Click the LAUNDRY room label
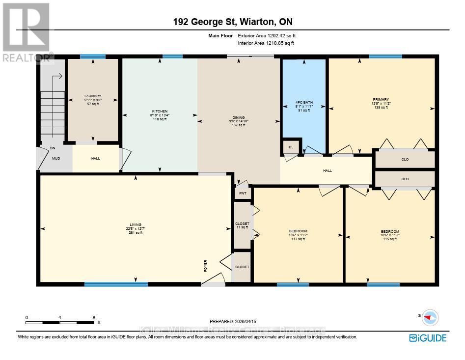(x=92, y=96)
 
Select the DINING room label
(x=238, y=118)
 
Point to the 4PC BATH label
(x=304, y=103)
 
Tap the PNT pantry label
(x=242, y=194)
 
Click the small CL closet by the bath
(x=291, y=147)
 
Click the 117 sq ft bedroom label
(x=298, y=231)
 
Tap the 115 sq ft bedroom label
(x=390, y=232)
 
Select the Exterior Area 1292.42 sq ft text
(x=267, y=36)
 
